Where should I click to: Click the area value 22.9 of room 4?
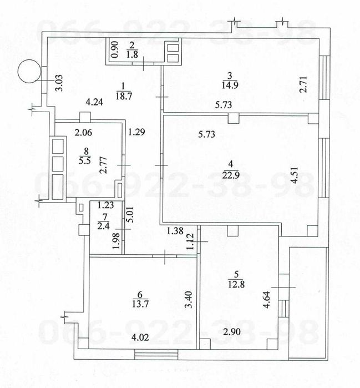coord(231,175)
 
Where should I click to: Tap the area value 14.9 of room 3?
coord(230,85)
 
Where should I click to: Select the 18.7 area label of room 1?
coord(124,96)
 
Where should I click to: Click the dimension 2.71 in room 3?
coord(303,84)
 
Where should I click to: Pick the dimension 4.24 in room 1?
coord(94,102)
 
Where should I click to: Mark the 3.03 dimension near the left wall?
coord(60,83)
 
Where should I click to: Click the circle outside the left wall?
coord(29,71)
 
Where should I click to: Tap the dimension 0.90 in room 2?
coord(115,50)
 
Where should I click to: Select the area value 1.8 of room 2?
coord(132,54)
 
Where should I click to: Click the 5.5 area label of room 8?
coord(84,160)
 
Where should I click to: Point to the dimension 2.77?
coord(104,165)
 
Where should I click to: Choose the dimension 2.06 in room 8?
coord(83,133)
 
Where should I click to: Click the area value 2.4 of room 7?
coord(103,226)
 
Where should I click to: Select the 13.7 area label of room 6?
coord(140,304)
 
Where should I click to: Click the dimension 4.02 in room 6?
coord(140,337)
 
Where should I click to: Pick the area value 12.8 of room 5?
coord(236,284)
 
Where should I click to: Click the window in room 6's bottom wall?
coord(156,354)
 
